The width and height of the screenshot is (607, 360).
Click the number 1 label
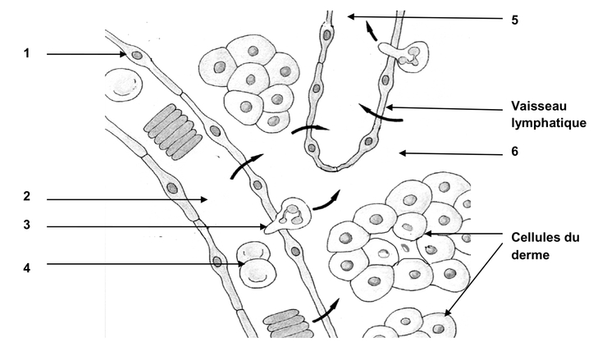point(26,53)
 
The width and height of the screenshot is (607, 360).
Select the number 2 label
point(26,198)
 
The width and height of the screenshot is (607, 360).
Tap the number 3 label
point(26,227)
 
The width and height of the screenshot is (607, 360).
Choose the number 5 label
point(514,19)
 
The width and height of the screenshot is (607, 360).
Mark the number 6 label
point(514,152)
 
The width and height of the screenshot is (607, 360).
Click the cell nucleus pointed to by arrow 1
point(137,56)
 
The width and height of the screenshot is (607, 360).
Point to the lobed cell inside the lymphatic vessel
point(405,54)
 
